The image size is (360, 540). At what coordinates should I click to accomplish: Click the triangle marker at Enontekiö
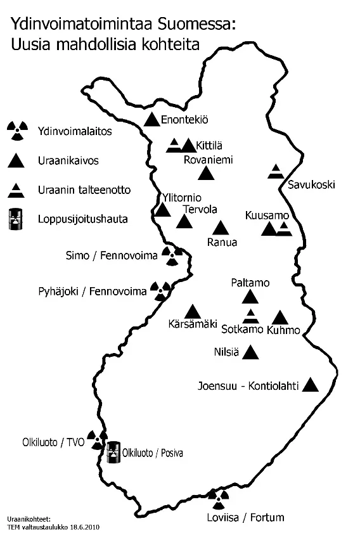(x=151, y=119)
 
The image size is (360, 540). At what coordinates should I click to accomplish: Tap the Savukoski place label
(x=311, y=185)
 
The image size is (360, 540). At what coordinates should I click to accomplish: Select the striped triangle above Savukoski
(x=276, y=170)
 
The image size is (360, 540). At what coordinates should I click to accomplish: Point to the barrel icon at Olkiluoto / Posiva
(x=113, y=451)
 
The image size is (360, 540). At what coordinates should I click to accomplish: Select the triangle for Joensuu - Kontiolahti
(x=311, y=384)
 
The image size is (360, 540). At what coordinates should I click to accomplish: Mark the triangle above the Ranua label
(x=221, y=228)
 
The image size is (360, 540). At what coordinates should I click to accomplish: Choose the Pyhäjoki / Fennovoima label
(x=93, y=292)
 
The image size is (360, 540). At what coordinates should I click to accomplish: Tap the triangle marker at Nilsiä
(x=252, y=352)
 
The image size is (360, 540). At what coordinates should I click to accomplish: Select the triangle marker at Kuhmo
(x=280, y=318)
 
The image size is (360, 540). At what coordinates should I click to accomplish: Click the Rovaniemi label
(x=209, y=160)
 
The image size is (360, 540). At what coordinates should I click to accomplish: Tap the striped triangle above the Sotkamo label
(x=252, y=315)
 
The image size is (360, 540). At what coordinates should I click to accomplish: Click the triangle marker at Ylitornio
(x=163, y=210)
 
